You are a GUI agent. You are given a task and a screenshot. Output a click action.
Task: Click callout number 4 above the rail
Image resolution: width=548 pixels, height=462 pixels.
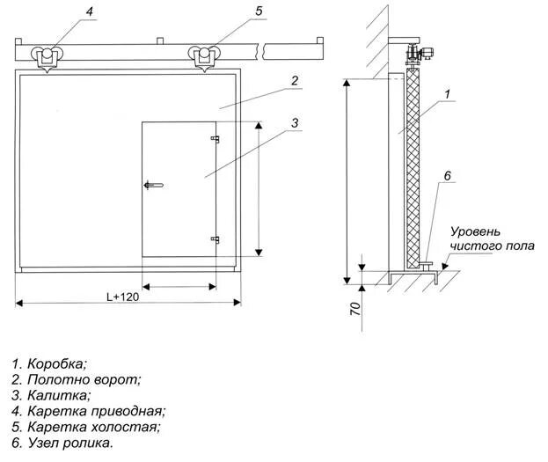[x=89, y=11]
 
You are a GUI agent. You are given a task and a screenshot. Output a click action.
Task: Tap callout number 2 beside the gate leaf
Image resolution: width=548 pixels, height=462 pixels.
[x=296, y=81]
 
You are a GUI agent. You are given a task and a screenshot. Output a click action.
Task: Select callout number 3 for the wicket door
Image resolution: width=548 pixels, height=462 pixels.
[x=296, y=122]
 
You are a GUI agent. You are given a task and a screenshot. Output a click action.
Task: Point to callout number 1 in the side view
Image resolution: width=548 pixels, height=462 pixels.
[x=448, y=94]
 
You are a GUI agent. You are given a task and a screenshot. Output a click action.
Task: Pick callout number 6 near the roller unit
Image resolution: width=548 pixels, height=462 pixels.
[x=448, y=176]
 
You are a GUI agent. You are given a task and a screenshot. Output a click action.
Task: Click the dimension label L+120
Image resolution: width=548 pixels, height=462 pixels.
[x=122, y=297]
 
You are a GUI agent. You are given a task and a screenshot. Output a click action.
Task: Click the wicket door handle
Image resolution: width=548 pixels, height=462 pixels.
[x=151, y=185]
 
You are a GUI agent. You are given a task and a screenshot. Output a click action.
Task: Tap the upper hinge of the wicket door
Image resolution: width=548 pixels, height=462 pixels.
[x=214, y=139]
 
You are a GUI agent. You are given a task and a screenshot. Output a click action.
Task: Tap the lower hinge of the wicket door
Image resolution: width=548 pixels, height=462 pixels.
[x=214, y=238]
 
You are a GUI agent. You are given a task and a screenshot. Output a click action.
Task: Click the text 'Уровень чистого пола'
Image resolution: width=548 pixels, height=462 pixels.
[x=491, y=238]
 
